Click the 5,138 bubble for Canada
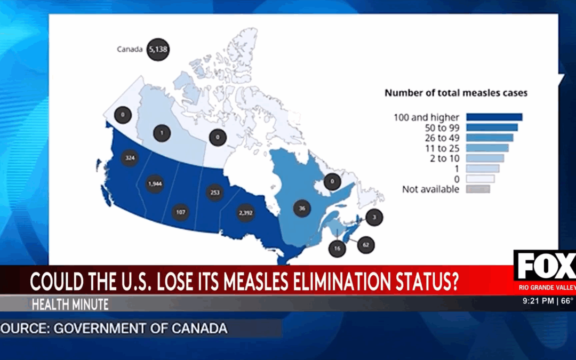pos(158,49)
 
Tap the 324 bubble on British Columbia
pos(129,158)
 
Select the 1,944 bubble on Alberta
pos(154,183)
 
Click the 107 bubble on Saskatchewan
pos(181,212)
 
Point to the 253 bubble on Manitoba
pos(215,193)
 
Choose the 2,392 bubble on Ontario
pos(246,213)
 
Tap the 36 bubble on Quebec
pos(302,209)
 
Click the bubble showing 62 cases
pos(365,245)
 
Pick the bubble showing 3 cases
pos(374,218)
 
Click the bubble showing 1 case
pos(162,133)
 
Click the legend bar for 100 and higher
pos(494,117)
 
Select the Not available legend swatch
pos(477,189)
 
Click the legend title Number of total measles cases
pos(456,93)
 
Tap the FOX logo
pos(544,266)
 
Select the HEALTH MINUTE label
pos(70,305)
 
